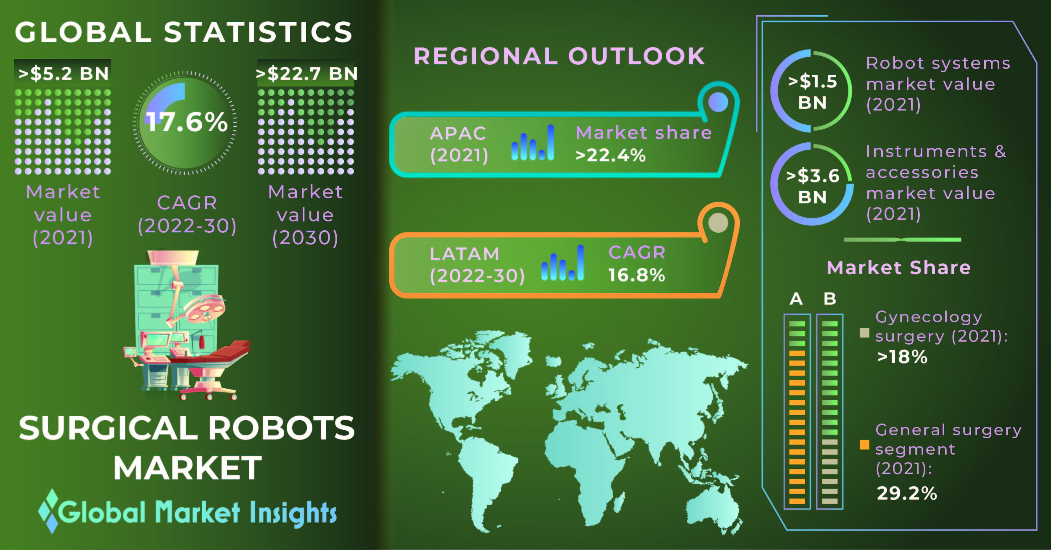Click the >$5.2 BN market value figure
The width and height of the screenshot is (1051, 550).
63,74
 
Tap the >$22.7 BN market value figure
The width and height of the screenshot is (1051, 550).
307,74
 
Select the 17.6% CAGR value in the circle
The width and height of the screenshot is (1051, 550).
187,122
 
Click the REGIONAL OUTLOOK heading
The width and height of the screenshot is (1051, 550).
560,56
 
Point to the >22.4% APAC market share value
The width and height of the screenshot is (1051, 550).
610,155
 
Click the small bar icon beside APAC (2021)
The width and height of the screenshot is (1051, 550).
533,142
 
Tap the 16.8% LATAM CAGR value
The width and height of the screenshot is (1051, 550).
636,275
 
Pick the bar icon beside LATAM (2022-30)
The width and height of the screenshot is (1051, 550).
562,263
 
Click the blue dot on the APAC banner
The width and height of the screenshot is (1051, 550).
718,102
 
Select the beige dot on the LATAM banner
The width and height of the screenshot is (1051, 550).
718,223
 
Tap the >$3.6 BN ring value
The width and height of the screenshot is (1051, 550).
813,186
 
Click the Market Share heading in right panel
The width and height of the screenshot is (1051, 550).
899,268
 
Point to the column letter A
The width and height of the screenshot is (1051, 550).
796,299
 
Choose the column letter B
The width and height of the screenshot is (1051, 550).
830,299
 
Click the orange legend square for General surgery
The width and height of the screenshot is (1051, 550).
864,445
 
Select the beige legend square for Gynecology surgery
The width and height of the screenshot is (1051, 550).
864,333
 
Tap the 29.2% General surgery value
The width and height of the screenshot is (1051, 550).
907,493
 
